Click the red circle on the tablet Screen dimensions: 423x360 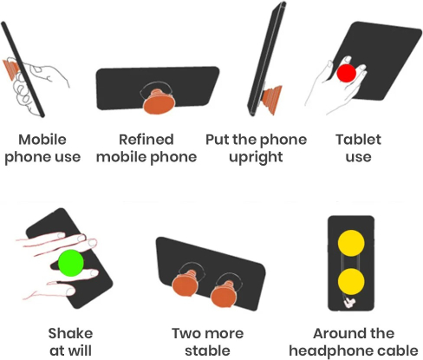pyautogui.click(x=346, y=73)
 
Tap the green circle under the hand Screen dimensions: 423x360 pyautogui.click(x=71, y=263)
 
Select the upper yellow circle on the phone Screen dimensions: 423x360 pyautogui.click(x=351, y=243)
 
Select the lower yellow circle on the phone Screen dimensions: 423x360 pyautogui.click(x=351, y=282)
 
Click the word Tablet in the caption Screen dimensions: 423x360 pyautogui.click(x=358, y=140)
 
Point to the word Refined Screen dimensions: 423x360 pyautogui.click(x=146, y=140)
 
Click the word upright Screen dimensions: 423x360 pyautogui.click(x=256, y=158)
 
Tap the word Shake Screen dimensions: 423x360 pyautogui.click(x=70, y=333)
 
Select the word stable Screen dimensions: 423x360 pyautogui.click(x=207, y=350)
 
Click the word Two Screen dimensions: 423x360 pyautogui.click(x=185, y=333)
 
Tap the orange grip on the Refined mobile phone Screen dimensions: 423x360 pyautogui.click(x=159, y=101)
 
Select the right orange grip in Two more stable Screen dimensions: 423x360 pyautogui.click(x=225, y=294)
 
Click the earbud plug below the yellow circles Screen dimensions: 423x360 pyautogui.click(x=349, y=302)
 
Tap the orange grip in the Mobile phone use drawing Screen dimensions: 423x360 pyautogui.click(x=11, y=69)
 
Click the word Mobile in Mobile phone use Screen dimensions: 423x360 pyautogui.click(x=42, y=140)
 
